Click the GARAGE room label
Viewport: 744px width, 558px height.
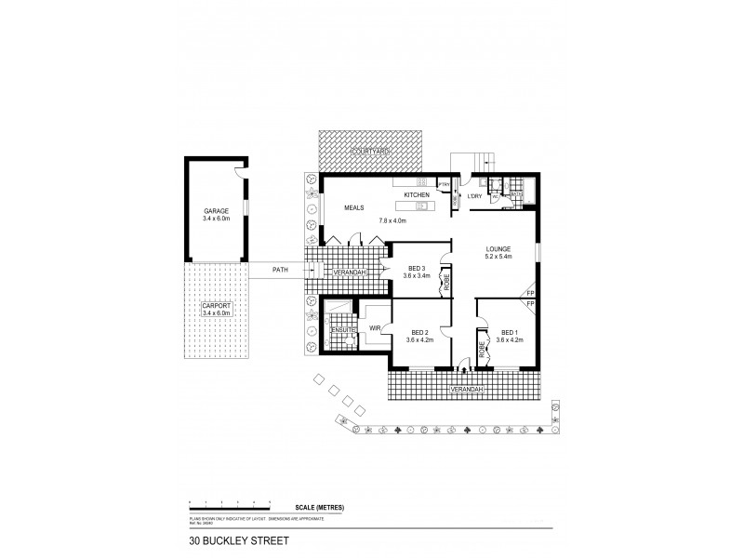216,211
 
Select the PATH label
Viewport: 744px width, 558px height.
279,270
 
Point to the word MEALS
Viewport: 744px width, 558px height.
354,207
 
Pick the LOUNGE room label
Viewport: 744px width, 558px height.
498,248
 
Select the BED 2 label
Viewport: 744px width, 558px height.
419,332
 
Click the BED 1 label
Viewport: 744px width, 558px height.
510,332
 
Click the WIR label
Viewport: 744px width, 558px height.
375,328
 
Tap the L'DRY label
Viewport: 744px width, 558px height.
474,195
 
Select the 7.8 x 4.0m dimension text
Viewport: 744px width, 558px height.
394,219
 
